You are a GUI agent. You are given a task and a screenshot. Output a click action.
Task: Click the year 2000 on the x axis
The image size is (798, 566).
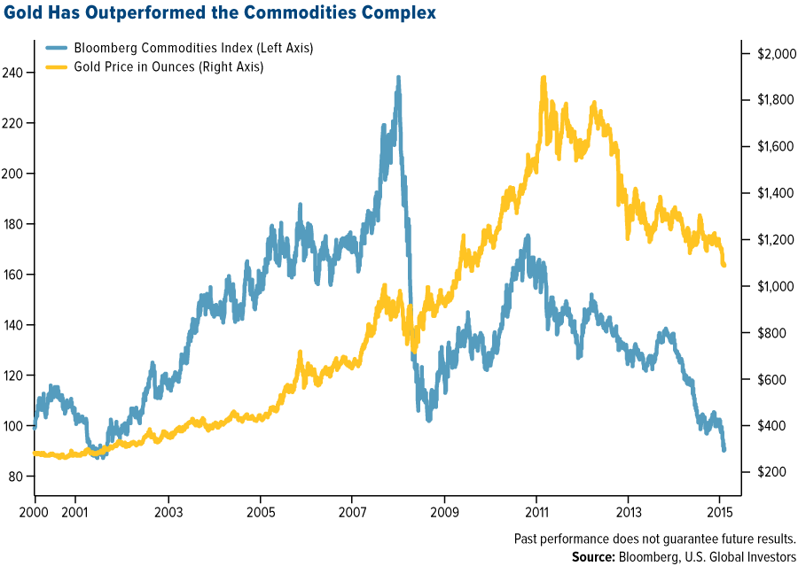[x=34, y=513]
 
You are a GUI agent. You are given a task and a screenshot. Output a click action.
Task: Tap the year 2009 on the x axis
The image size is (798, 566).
[x=444, y=513]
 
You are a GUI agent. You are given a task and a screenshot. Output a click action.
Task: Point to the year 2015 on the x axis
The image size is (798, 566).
[x=720, y=513]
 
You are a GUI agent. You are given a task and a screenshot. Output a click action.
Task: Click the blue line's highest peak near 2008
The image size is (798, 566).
[x=398, y=77]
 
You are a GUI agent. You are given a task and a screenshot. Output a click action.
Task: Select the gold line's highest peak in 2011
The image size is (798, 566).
[x=543, y=77]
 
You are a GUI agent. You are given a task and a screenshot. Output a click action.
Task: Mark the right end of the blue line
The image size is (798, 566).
[x=724, y=450]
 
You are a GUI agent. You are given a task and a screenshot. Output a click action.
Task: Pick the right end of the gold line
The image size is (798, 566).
[x=724, y=264]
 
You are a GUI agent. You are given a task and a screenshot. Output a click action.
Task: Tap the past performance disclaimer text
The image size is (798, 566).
[x=654, y=538]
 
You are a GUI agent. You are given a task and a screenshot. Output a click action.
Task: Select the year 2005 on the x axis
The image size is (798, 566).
[x=260, y=513]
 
